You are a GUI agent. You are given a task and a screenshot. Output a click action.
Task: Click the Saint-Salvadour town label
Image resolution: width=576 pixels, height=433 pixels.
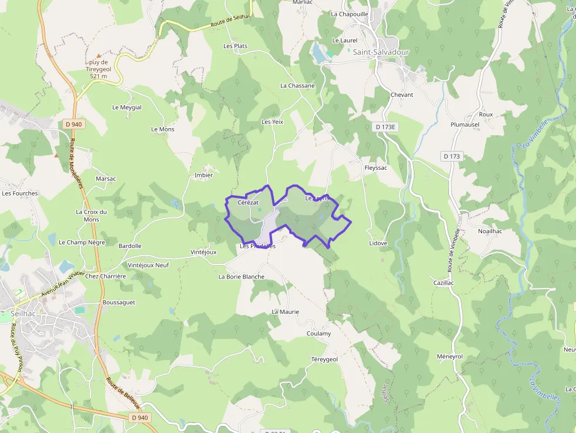tap(380, 52)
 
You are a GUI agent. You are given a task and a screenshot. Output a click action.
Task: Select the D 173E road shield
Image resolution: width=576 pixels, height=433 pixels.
tap(387, 127)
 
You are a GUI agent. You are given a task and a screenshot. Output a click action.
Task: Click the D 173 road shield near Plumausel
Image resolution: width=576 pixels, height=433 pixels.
tap(451, 156)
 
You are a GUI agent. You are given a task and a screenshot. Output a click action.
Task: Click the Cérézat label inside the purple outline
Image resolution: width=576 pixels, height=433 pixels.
tap(248, 203)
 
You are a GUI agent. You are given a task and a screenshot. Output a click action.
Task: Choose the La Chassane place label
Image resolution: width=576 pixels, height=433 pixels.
tap(297, 86)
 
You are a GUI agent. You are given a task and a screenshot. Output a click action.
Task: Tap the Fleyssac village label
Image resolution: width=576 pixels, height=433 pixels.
tap(376, 167)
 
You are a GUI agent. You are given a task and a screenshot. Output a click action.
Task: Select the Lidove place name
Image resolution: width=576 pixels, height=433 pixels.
tap(378, 243)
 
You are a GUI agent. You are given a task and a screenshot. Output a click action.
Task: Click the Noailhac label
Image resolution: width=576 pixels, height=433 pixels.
tap(491, 231)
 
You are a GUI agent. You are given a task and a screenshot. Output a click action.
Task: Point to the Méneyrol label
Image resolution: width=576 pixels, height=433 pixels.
tap(450, 357)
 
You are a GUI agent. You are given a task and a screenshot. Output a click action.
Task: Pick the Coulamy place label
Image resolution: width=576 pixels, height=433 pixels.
tap(319, 334)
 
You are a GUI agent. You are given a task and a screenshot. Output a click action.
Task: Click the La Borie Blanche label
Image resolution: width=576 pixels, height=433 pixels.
tap(242, 277)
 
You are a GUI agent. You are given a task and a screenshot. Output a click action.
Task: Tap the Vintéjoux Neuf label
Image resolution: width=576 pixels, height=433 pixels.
tap(148, 266)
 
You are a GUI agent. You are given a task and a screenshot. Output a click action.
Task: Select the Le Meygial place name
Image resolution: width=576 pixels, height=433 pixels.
tap(127, 108)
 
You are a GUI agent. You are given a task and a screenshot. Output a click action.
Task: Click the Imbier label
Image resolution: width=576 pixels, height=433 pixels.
tap(203, 175)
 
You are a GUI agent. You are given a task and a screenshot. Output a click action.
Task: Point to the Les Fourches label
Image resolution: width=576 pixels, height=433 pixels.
tap(20, 193)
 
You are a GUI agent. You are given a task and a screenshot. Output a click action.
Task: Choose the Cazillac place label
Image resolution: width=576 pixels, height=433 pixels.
tap(444, 283)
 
